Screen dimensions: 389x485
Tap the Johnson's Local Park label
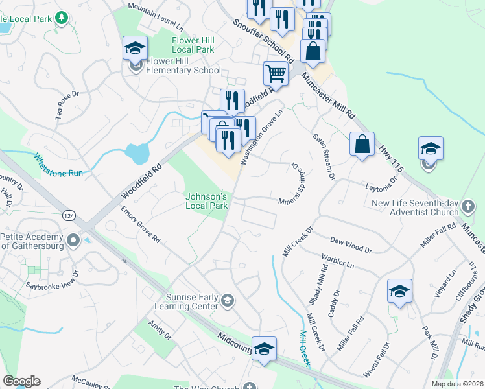(x=207, y=201)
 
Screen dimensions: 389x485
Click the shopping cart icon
(x=276, y=75)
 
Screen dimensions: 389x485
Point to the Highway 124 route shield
(x=68, y=215)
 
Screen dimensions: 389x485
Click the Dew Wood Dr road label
(x=350, y=244)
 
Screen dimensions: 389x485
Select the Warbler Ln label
(x=337, y=262)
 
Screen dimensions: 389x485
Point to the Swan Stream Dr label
(x=323, y=156)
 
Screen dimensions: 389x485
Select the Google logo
(x=21, y=381)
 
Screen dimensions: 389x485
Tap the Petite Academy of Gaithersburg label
(x=32, y=241)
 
